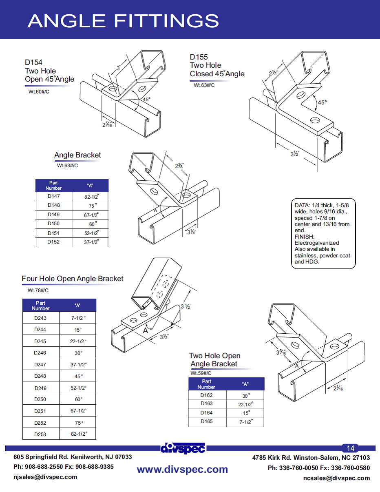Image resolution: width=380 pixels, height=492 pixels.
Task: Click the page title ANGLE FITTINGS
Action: (x=123, y=21)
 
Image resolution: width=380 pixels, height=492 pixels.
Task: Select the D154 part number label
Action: (x=33, y=62)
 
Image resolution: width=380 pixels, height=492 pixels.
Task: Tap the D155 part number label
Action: (x=199, y=57)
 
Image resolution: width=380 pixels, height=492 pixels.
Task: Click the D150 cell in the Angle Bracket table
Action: (x=53, y=224)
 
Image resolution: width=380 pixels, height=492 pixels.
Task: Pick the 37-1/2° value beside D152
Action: (x=91, y=242)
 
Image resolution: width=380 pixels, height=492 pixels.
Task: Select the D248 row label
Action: (x=40, y=376)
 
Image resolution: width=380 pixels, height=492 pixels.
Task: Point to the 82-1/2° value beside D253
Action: (x=78, y=434)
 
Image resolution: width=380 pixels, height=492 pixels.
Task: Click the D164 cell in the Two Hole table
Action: (x=206, y=412)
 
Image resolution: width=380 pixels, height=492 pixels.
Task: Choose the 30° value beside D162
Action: (x=245, y=395)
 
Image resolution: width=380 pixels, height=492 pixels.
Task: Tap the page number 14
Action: (x=350, y=448)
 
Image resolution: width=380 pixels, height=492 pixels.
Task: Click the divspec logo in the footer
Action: (x=183, y=448)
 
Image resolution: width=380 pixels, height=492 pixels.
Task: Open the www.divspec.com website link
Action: (x=182, y=469)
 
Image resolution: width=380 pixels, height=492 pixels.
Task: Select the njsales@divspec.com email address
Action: (x=45, y=476)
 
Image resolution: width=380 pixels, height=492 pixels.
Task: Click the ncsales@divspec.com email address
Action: (x=336, y=478)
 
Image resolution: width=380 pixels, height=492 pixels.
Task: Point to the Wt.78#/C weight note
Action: (x=38, y=290)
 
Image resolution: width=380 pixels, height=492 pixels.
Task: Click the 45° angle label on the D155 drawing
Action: (x=322, y=102)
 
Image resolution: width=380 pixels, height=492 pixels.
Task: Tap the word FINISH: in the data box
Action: (x=305, y=237)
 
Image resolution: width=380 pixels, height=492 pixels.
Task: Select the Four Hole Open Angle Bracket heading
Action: (x=73, y=279)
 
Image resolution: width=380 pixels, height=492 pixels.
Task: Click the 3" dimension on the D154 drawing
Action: (x=119, y=68)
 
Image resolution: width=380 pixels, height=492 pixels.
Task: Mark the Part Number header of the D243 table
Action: (x=41, y=306)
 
